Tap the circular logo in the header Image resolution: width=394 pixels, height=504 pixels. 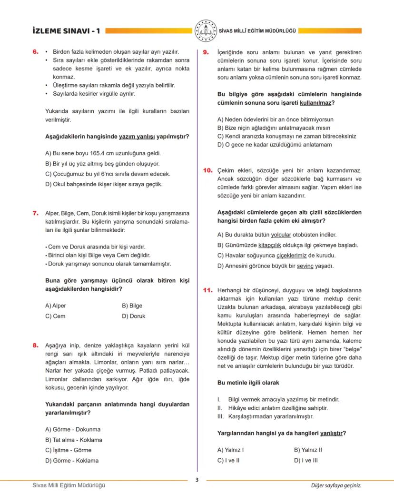[206, 30]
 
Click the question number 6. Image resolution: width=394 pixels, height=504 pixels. [35, 52]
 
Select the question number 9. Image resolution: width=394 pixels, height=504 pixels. [206, 52]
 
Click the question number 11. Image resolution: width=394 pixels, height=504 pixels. [207, 290]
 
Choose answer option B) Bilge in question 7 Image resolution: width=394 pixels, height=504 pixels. [132, 306]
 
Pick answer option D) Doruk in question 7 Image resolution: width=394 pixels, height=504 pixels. [133, 316]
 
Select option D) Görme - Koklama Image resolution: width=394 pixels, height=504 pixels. [71, 461]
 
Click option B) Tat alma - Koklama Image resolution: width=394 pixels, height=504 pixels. [73, 440]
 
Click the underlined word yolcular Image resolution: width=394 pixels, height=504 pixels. [281, 235]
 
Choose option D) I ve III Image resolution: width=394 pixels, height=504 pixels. [305, 460]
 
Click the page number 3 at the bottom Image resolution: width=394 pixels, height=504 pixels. [197, 480]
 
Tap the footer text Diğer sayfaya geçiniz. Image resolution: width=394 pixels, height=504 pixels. [336, 485]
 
